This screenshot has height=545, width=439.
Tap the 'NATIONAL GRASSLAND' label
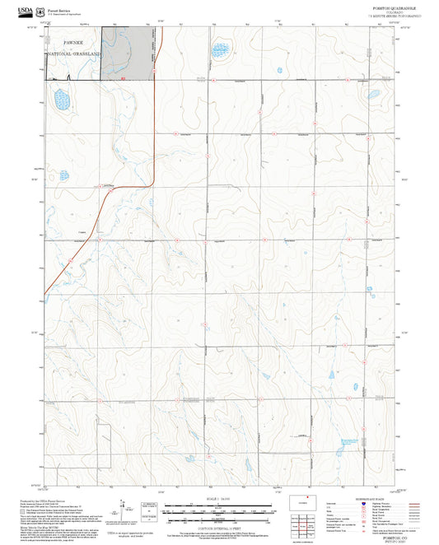(x=72, y=54)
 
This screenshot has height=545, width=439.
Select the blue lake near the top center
(x=221, y=50)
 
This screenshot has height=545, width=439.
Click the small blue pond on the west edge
(x=63, y=175)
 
